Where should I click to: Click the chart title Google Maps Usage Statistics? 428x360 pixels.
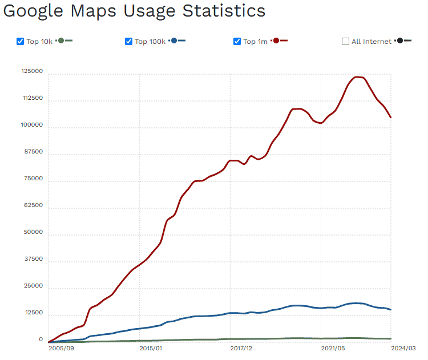pyautogui.click(x=134, y=11)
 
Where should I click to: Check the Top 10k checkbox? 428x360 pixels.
pyautogui.click(x=21, y=41)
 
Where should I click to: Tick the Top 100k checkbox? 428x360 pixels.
pyautogui.click(x=128, y=41)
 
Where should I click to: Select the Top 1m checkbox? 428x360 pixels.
pyautogui.click(x=237, y=41)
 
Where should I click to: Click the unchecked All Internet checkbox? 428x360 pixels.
pyautogui.click(x=345, y=41)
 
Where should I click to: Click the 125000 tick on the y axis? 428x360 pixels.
pyautogui.click(x=32, y=71)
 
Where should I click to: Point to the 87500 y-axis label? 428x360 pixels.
pyautogui.click(x=34, y=152)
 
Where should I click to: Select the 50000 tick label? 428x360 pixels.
pyautogui.click(x=34, y=232)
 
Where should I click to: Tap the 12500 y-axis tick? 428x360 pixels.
pyautogui.click(x=34, y=313)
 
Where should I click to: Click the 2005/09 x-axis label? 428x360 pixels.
pyautogui.click(x=61, y=347)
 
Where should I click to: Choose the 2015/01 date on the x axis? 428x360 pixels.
pyautogui.click(x=150, y=347)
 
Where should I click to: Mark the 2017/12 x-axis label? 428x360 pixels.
pyautogui.click(x=241, y=347)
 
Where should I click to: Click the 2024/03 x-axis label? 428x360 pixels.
pyautogui.click(x=404, y=347)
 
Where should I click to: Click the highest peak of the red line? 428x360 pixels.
pyautogui.click(x=358, y=76)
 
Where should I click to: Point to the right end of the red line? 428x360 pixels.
pyautogui.click(x=391, y=118)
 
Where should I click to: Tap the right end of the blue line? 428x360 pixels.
pyautogui.click(x=391, y=310)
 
